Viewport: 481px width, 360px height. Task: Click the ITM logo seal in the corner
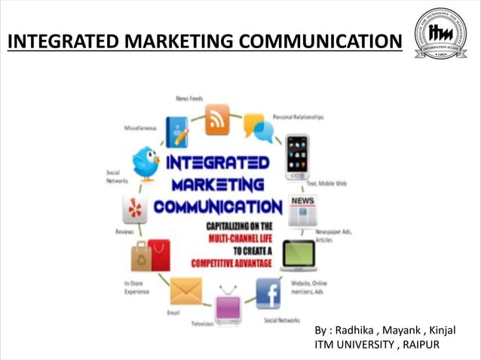pos(440,34)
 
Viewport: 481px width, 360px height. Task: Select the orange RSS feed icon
pos(217,120)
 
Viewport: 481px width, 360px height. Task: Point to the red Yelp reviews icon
pos(134,209)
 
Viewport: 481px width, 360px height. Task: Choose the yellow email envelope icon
pos(185,291)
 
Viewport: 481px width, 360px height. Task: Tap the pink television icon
pos(228,306)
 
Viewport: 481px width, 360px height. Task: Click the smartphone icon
pos(298,157)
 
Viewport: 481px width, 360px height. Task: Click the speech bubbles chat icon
pos(258,127)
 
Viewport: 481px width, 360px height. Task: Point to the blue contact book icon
pos(176,132)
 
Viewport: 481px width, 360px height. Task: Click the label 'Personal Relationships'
pos(298,117)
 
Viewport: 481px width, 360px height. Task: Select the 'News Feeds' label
pos(189,99)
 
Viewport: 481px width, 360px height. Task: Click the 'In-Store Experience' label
pos(137,287)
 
